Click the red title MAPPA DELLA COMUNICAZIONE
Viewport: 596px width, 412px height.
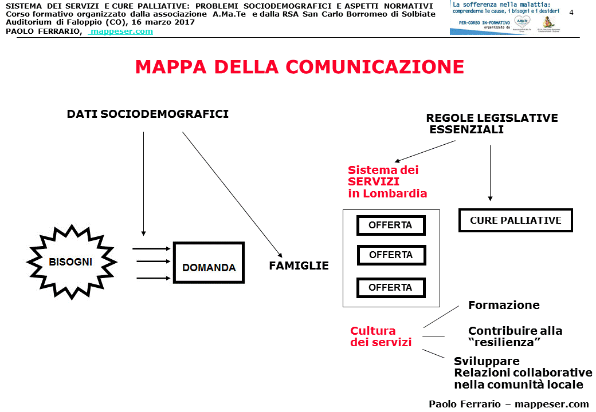[x=299, y=67]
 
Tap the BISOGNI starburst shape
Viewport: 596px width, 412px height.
[x=71, y=262]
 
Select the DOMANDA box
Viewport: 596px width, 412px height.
[x=209, y=262]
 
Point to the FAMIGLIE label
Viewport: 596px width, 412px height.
[x=299, y=266]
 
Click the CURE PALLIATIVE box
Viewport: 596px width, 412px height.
[x=515, y=220]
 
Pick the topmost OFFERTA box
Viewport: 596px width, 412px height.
[x=390, y=225]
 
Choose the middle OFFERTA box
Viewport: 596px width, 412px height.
[x=391, y=255]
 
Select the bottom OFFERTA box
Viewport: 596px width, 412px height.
[x=390, y=288]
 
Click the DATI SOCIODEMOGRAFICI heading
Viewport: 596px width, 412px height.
[x=148, y=114]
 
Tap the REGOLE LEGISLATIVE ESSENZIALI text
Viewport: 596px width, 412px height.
[x=491, y=124]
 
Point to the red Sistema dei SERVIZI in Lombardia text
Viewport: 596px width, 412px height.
[x=387, y=181]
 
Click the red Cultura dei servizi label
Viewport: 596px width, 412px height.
[x=381, y=336]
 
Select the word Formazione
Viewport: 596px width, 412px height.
[x=504, y=305]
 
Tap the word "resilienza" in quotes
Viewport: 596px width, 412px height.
[x=505, y=342]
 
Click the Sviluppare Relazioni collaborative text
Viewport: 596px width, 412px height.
[x=522, y=373]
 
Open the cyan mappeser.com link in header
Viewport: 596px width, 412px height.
[x=121, y=31]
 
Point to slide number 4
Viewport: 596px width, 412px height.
[x=571, y=13]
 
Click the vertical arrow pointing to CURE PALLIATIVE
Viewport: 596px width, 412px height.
[x=491, y=172]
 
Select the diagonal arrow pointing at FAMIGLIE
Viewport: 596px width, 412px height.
[x=232, y=193]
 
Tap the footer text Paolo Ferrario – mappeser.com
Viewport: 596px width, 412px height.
[x=508, y=403]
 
